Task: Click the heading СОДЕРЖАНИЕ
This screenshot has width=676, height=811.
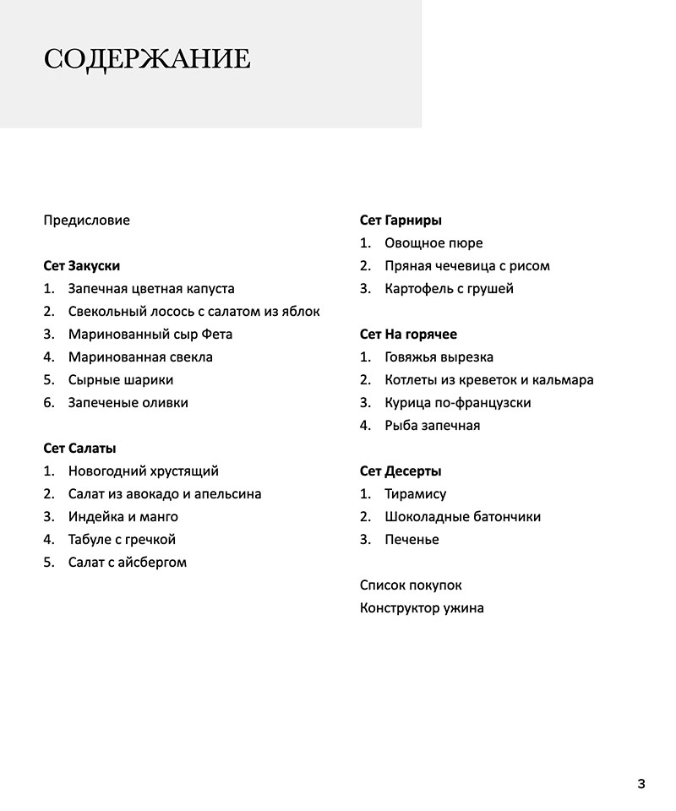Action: (146, 59)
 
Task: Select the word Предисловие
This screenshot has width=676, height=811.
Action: (86, 220)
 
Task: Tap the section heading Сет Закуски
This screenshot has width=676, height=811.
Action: (81, 266)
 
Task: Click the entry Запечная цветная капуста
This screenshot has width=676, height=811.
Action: (151, 289)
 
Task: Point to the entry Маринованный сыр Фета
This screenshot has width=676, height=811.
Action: (150, 335)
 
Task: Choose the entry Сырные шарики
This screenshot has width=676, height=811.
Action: (121, 380)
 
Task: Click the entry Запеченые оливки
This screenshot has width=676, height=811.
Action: (128, 403)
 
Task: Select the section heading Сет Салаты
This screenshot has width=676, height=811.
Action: (79, 449)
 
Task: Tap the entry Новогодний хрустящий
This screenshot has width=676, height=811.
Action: (143, 471)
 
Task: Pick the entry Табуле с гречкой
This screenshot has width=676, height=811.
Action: (122, 540)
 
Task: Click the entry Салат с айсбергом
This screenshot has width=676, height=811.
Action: (127, 563)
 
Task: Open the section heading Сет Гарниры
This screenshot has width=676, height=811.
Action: (401, 220)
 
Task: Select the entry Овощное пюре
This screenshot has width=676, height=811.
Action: (433, 243)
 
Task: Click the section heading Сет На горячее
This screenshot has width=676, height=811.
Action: (408, 335)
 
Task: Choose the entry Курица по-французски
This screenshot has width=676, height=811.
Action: (457, 403)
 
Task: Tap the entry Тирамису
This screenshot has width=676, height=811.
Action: (415, 494)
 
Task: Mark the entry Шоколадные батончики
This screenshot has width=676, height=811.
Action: (462, 517)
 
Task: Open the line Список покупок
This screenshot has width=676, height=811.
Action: (411, 585)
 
